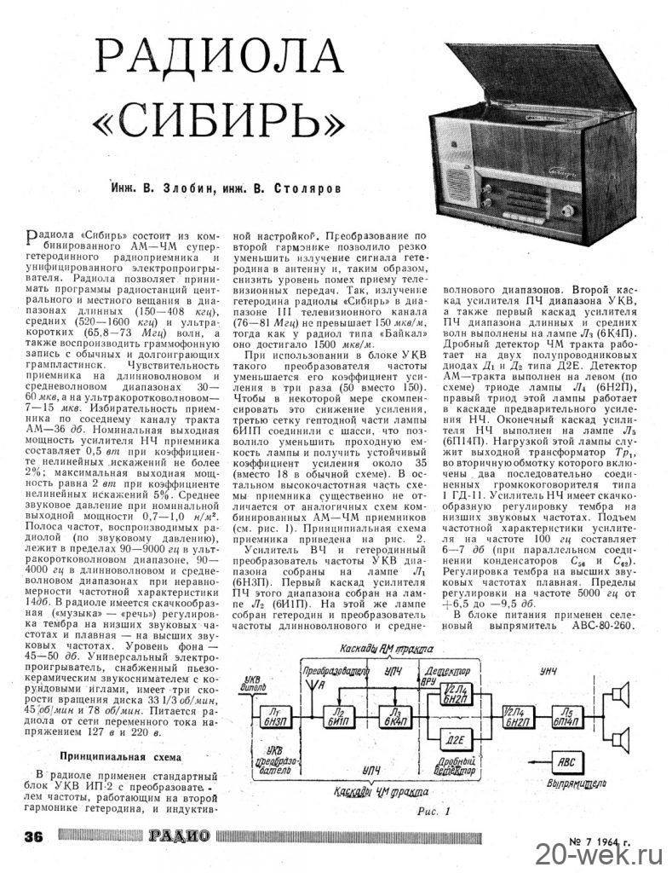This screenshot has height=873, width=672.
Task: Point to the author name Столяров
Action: pyautogui.click(x=302, y=186)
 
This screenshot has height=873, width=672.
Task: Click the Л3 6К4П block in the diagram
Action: pyautogui.click(x=394, y=714)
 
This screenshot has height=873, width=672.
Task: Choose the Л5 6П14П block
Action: pyautogui.click(x=566, y=714)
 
